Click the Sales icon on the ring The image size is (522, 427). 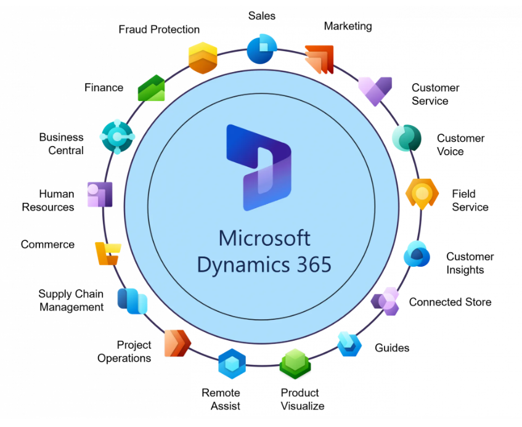coord(261,49)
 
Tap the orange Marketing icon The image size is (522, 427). coord(319,59)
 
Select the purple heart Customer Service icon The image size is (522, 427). coord(375,91)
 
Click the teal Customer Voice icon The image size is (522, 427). coord(407,139)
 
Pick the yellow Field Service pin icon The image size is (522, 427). coord(422,193)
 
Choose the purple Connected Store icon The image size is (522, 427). coord(386,301)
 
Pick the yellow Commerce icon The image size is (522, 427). coord(107,253)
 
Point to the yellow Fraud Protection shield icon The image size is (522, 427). coord(203,58)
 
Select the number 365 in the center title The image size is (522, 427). coord(311,264)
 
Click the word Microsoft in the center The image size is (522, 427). coord(264,238)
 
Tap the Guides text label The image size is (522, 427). coord(392,348)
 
